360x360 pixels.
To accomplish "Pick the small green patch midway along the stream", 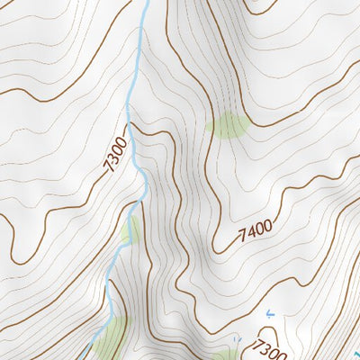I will tap(130, 230).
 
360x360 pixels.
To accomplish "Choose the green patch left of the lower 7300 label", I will tap(224, 355).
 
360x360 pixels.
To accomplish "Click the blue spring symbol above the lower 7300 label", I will tap(269, 314).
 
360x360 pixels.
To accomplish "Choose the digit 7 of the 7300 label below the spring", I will tap(258, 343).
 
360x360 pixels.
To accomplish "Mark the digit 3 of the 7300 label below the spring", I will tap(265, 348).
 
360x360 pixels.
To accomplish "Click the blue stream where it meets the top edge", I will tap(146, 3).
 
